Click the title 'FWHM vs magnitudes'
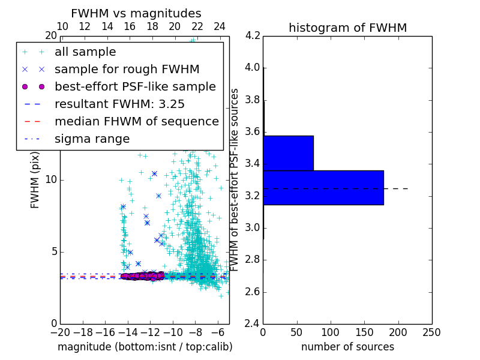tap(136, 14)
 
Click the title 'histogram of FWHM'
tap(347, 28)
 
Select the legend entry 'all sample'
tap(85, 52)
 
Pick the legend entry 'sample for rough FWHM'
tap(127, 69)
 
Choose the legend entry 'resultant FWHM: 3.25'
tap(119, 104)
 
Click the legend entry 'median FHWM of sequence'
tap(136, 121)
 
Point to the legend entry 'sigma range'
tap(92, 139)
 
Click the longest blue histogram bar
tap(323, 187)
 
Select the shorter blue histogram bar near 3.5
tap(288, 153)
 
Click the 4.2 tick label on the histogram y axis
tap(253, 35)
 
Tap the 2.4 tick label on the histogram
tap(253, 324)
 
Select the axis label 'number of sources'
tap(347, 347)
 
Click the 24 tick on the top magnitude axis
tap(220, 26)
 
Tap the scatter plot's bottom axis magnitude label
tap(145, 347)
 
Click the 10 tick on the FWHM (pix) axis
tap(51, 180)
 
